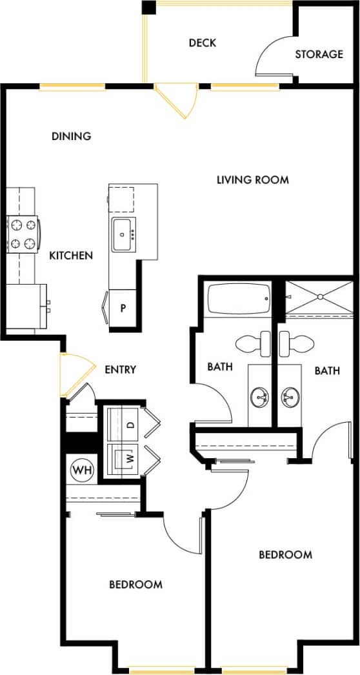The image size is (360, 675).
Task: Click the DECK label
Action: click(x=202, y=43)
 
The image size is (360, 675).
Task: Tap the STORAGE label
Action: click(x=319, y=54)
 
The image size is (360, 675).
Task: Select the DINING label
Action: click(x=71, y=136)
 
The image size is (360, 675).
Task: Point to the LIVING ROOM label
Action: click(x=252, y=179)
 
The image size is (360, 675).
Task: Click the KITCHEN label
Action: click(x=71, y=256)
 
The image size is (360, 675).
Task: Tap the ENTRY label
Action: click(x=120, y=370)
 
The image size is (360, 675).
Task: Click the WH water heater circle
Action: click(x=80, y=467)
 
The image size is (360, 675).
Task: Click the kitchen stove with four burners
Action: click(x=23, y=234)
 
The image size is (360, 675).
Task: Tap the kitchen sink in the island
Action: click(x=123, y=235)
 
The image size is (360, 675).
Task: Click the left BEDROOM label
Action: click(x=135, y=585)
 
